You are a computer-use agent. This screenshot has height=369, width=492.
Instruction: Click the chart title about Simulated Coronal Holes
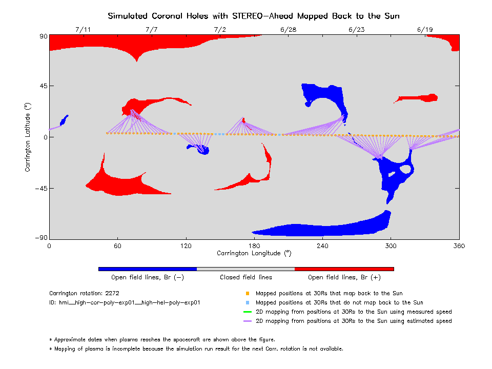(x=253, y=16)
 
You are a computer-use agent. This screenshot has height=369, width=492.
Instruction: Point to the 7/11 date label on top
(x=83, y=30)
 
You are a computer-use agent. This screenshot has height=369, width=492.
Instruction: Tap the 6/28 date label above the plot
(x=288, y=30)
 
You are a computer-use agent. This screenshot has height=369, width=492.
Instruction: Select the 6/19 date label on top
(x=425, y=30)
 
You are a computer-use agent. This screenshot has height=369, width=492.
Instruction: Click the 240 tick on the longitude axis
(x=322, y=245)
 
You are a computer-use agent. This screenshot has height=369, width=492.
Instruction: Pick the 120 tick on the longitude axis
(x=186, y=245)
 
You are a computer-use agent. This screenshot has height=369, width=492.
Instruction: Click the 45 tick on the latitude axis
(x=42, y=86)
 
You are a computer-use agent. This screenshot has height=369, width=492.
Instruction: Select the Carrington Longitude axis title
(x=254, y=253)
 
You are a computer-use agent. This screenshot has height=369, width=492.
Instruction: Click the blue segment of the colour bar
(x=148, y=269)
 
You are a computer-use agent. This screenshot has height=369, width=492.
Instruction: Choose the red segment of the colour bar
(x=344, y=269)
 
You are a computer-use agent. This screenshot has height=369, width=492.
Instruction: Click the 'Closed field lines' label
(x=246, y=277)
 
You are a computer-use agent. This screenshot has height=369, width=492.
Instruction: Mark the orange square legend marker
(x=247, y=294)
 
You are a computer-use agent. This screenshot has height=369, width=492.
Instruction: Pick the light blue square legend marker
(x=247, y=303)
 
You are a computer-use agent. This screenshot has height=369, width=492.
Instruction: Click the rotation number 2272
(x=111, y=294)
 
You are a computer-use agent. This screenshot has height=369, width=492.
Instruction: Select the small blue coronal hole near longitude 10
(x=64, y=120)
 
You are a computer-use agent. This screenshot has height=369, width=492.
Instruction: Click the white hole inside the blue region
(x=406, y=169)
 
